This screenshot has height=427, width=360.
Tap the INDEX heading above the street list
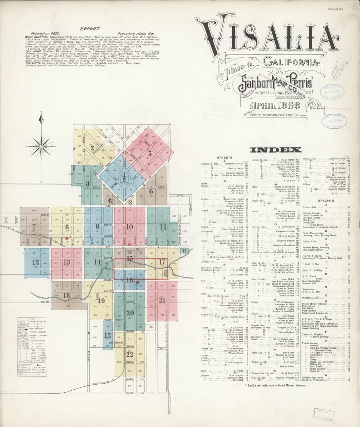276,150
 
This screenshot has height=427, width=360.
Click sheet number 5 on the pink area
150,154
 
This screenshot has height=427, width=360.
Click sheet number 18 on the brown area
67,295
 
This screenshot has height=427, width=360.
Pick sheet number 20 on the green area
130,313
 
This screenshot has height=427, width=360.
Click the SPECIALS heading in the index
327,200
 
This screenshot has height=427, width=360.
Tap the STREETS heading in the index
225,157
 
